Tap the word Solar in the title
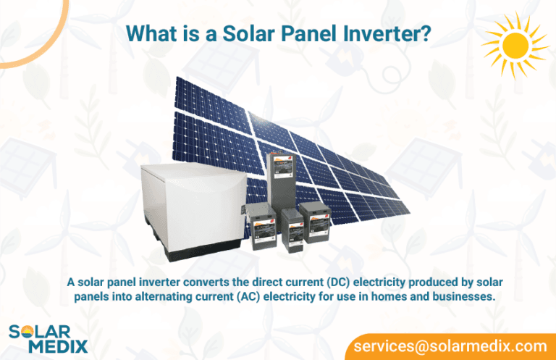point(223,33)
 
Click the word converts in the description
point(193,281)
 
